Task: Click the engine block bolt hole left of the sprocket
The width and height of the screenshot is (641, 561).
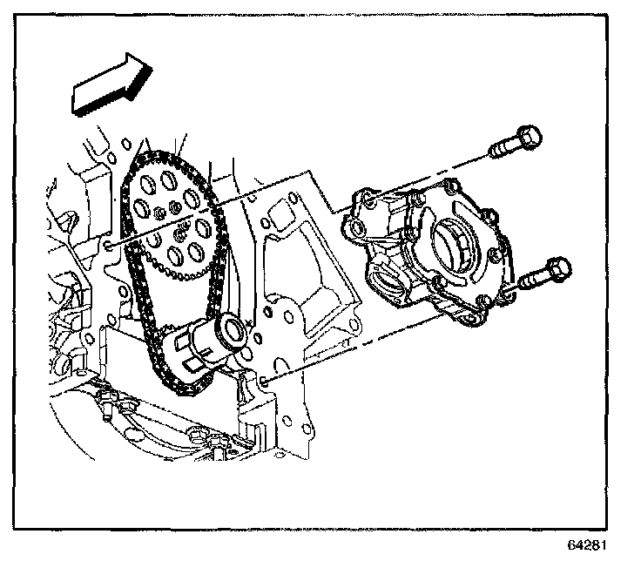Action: [x=109, y=247]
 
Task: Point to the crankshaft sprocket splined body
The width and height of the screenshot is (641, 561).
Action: [x=196, y=344]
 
